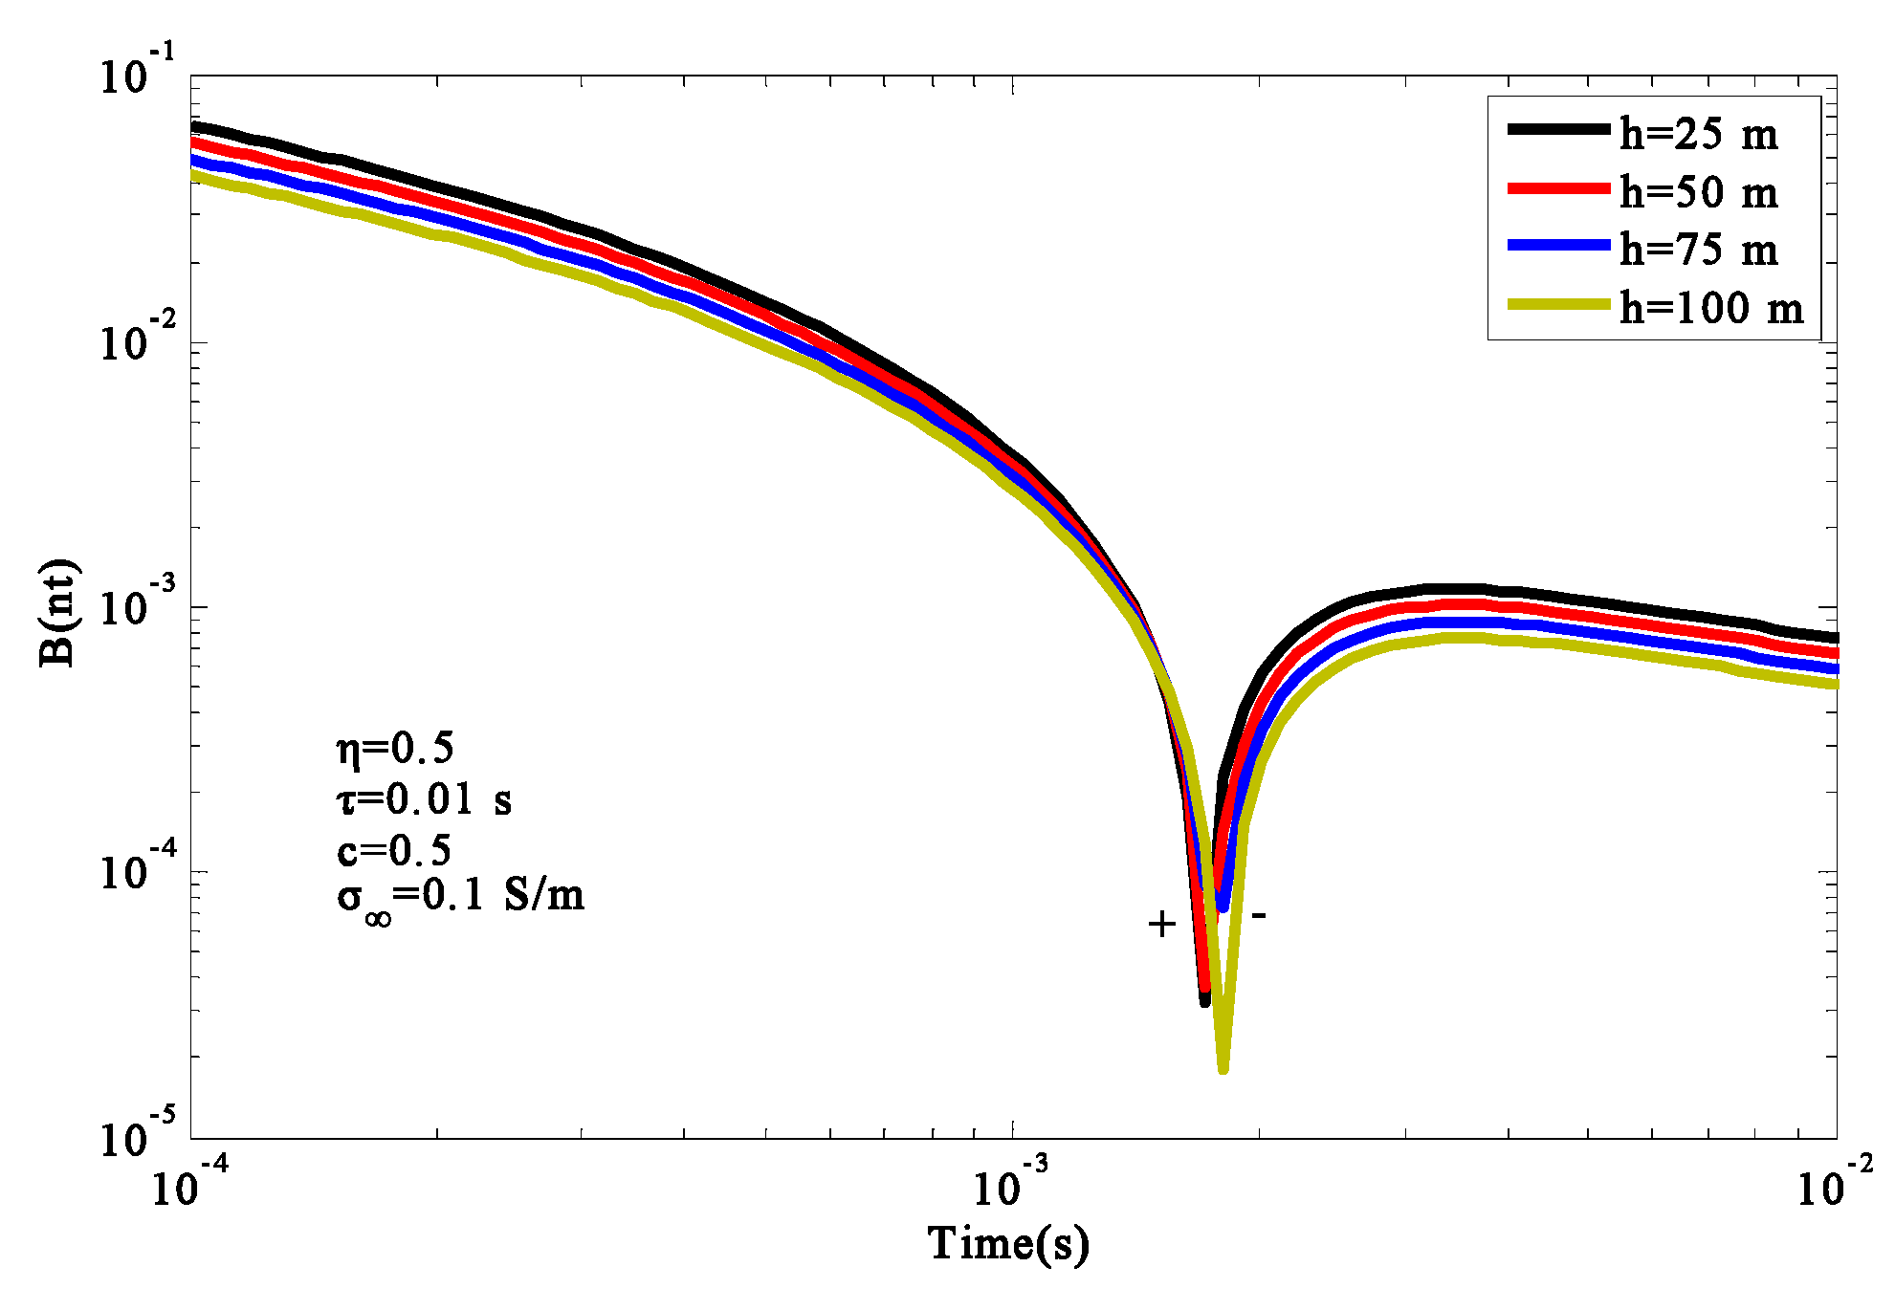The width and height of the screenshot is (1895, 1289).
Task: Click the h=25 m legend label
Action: coord(1699,134)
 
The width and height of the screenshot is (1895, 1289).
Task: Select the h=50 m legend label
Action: coord(1699,192)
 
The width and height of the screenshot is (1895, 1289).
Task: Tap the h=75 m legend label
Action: coord(1699,250)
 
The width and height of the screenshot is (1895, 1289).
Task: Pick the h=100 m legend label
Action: coord(1711,308)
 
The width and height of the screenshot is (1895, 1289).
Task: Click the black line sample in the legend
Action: coord(1558,130)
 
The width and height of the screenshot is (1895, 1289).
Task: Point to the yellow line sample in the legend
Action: coord(1558,305)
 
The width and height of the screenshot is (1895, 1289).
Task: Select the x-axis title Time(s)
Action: coord(1008,1243)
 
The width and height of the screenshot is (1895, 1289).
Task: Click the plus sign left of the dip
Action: coord(1161,924)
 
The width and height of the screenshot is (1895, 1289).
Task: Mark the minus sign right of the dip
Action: coord(1260,916)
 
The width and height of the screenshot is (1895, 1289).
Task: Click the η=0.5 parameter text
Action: coord(395,748)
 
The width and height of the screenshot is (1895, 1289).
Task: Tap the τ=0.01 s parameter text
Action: coord(424,798)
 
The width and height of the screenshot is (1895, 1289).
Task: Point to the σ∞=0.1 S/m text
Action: coord(460,898)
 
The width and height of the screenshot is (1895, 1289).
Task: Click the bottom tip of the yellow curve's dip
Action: coord(1223,1068)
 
